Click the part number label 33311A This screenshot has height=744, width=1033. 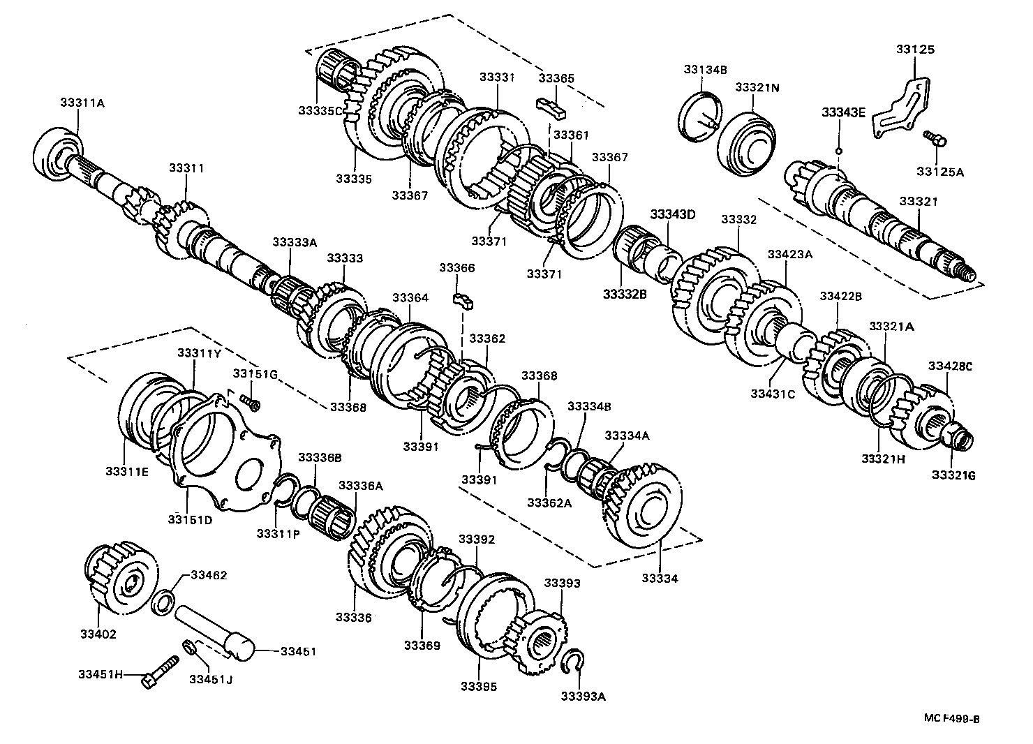coord(82,103)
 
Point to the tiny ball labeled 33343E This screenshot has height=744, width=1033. coord(839,149)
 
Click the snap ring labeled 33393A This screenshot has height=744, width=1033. coord(574,661)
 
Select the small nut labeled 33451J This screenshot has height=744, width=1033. coord(188,647)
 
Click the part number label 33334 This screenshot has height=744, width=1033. coord(660,579)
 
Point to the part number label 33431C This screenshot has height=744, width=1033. coord(773,394)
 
